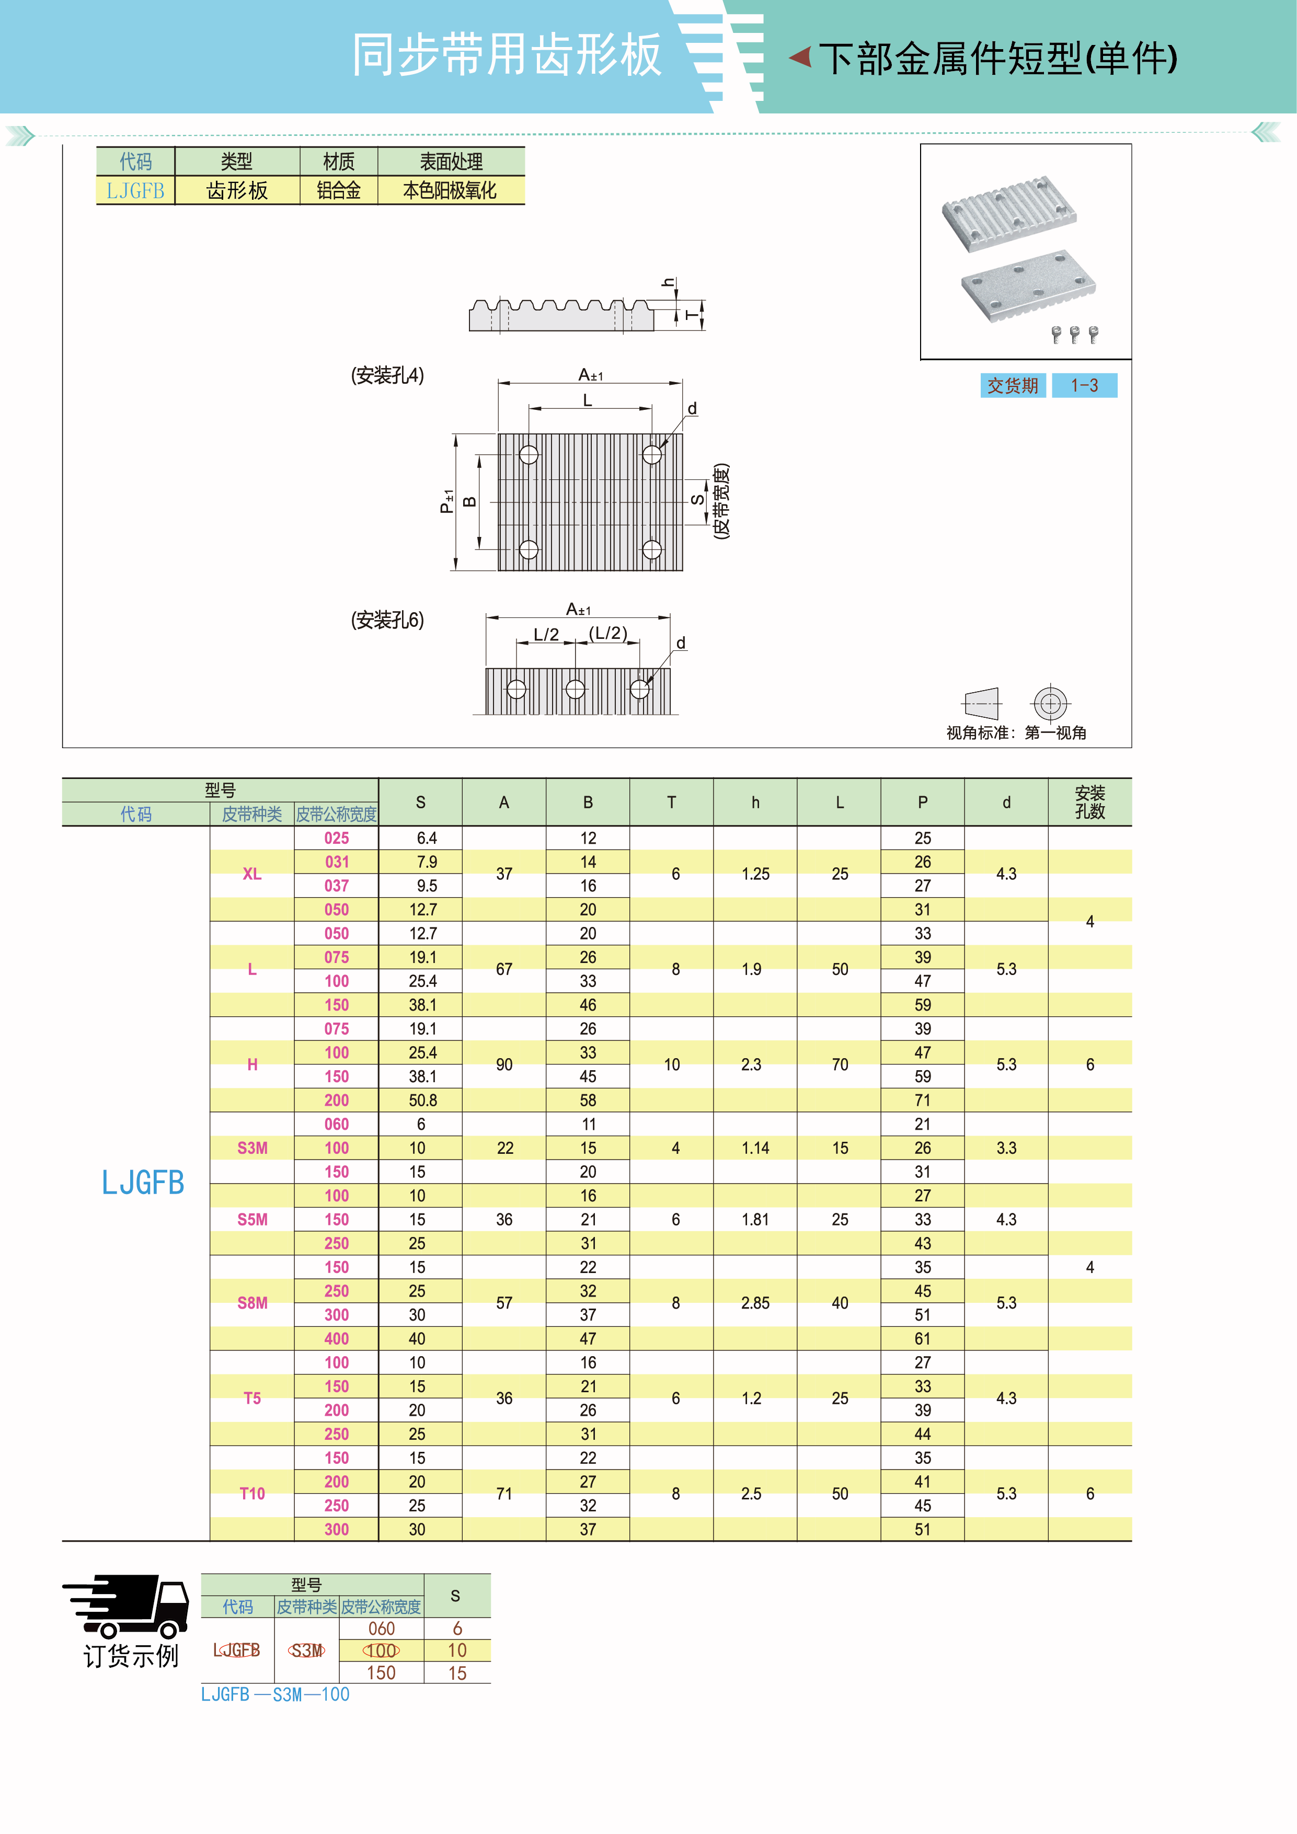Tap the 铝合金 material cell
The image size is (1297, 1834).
point(339,191)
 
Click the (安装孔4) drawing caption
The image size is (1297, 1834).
point(387,375)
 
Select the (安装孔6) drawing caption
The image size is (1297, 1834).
point(387,620)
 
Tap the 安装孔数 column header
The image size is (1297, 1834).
point(1089,802)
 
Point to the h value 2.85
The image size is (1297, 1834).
point(755,1303)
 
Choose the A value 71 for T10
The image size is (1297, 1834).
point(504,1494)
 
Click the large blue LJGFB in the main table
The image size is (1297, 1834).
point(143,1182)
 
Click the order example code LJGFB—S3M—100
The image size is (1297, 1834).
point(276,1694)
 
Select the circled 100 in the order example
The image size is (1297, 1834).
point(381,1650)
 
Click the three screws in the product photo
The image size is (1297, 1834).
point(1074,334)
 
